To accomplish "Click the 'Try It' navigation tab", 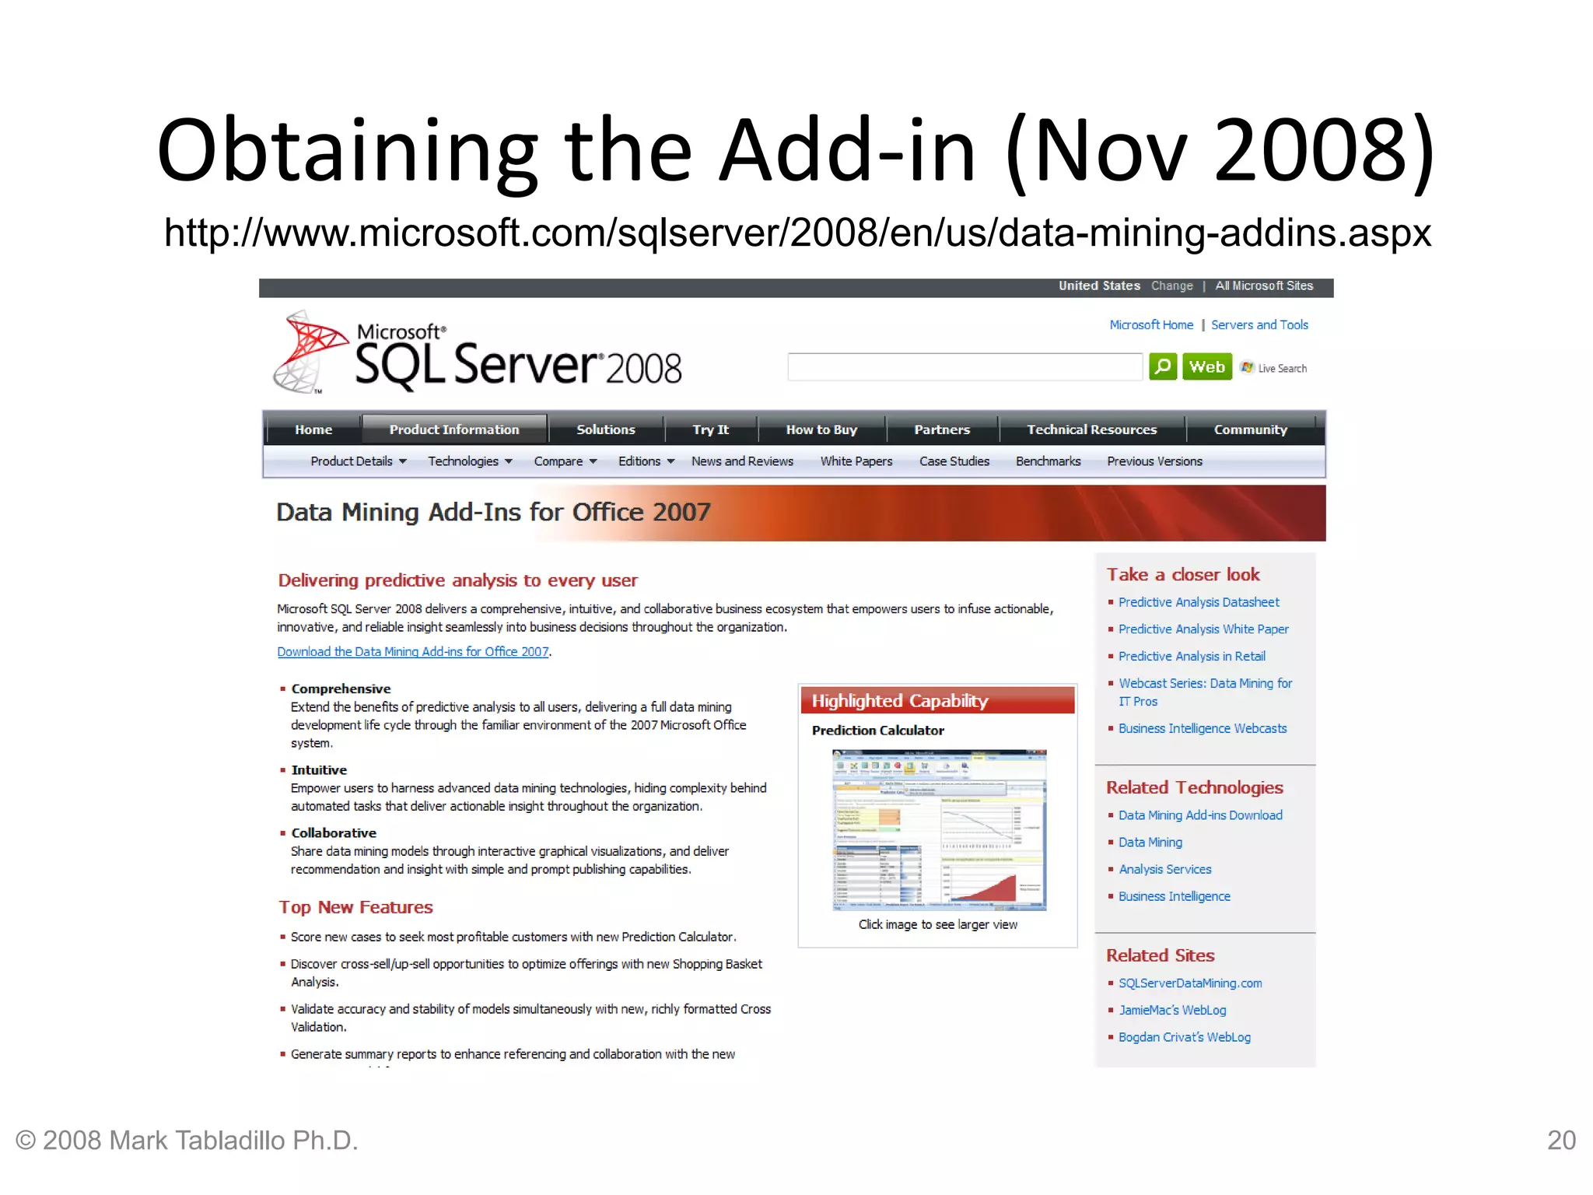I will pos(710,429).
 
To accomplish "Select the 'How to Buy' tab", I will pos(821,429).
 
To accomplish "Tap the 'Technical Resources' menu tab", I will pos(1091,429).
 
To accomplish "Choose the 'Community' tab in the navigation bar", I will pos(1250,429).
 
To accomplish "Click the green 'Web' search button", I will pos(1206,366).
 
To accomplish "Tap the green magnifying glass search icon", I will pos(1163,366).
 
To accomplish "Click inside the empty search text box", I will pos(965,367).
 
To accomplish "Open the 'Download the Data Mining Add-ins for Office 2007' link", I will pos(413,652).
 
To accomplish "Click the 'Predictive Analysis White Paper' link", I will pos(1203,629).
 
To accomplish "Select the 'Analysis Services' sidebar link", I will pos(1164,869).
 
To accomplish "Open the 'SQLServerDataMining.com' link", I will pos(1190,983).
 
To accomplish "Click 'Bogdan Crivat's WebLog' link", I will pos(1184,1037).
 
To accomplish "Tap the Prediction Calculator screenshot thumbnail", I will pos(939,829).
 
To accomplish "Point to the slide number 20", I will pos(1561,1141).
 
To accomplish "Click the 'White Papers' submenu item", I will pos(856,461).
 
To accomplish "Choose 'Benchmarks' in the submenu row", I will pos(1048,461).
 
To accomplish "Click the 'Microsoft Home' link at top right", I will pos(1151,325).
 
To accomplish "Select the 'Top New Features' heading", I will pos(355,907).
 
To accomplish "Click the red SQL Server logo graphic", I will pos(310,352).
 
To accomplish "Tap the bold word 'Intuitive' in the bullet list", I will pos(319,770).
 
